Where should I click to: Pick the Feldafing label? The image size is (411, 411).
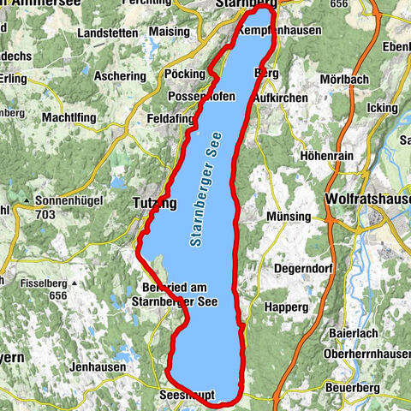[x=170, y=118]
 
